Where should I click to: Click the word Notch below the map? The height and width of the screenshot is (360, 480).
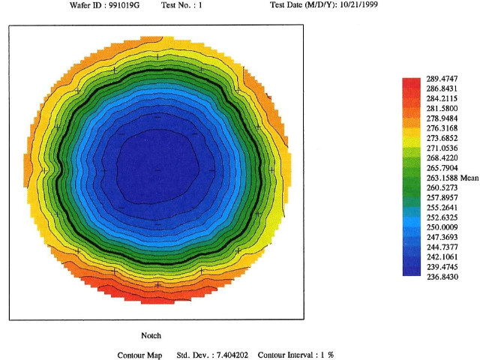tap(151, 335)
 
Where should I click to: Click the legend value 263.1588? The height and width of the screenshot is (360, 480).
tap(442, 178)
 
